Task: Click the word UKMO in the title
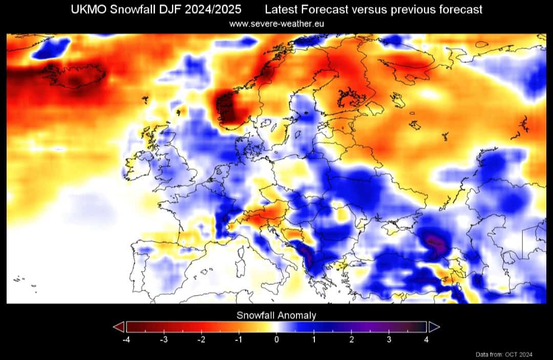pyautogui.click(x=89, y=10)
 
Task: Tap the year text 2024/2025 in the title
pyautogui.click(x=212, y=10)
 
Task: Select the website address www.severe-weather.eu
pyautogui.click(x=276, y=24)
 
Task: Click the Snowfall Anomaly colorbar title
pyautogui.click(x=276, y=315)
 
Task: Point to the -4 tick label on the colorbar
pyautogui.click(x=126, y=340)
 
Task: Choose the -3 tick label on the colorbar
pyautogui.click(x=164, y=340)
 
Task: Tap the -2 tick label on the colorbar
pyautogui.click(x=201, y=340)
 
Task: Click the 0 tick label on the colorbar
pyautogui.click(x=276, y=340)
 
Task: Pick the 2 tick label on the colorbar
pyautogui.click(x=351, y=340)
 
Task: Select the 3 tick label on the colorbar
pyautogui.click(x=389, y=340)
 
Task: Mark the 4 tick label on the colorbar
pyautogui.click(x=427, y=340)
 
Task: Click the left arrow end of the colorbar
pyautogui.click(x=119, y=327)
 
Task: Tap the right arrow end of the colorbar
pyautogui.click(x=434, y=327)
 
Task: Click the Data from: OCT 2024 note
pyautogui.click(x=504, y=354)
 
